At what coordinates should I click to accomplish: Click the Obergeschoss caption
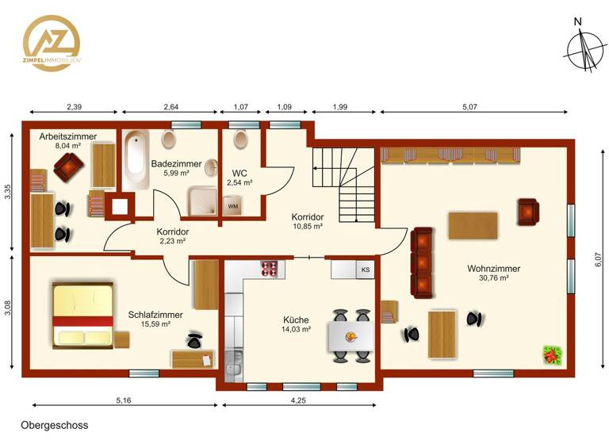(55, 425)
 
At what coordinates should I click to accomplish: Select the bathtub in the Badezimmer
(135, 161)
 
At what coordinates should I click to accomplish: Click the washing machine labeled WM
(233, 206)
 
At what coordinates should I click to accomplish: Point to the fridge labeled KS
(365, 270)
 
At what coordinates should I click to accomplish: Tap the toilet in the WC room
(239, 140)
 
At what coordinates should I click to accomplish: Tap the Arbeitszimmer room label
(68, 136)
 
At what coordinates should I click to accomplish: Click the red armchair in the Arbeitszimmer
(68, 166)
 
